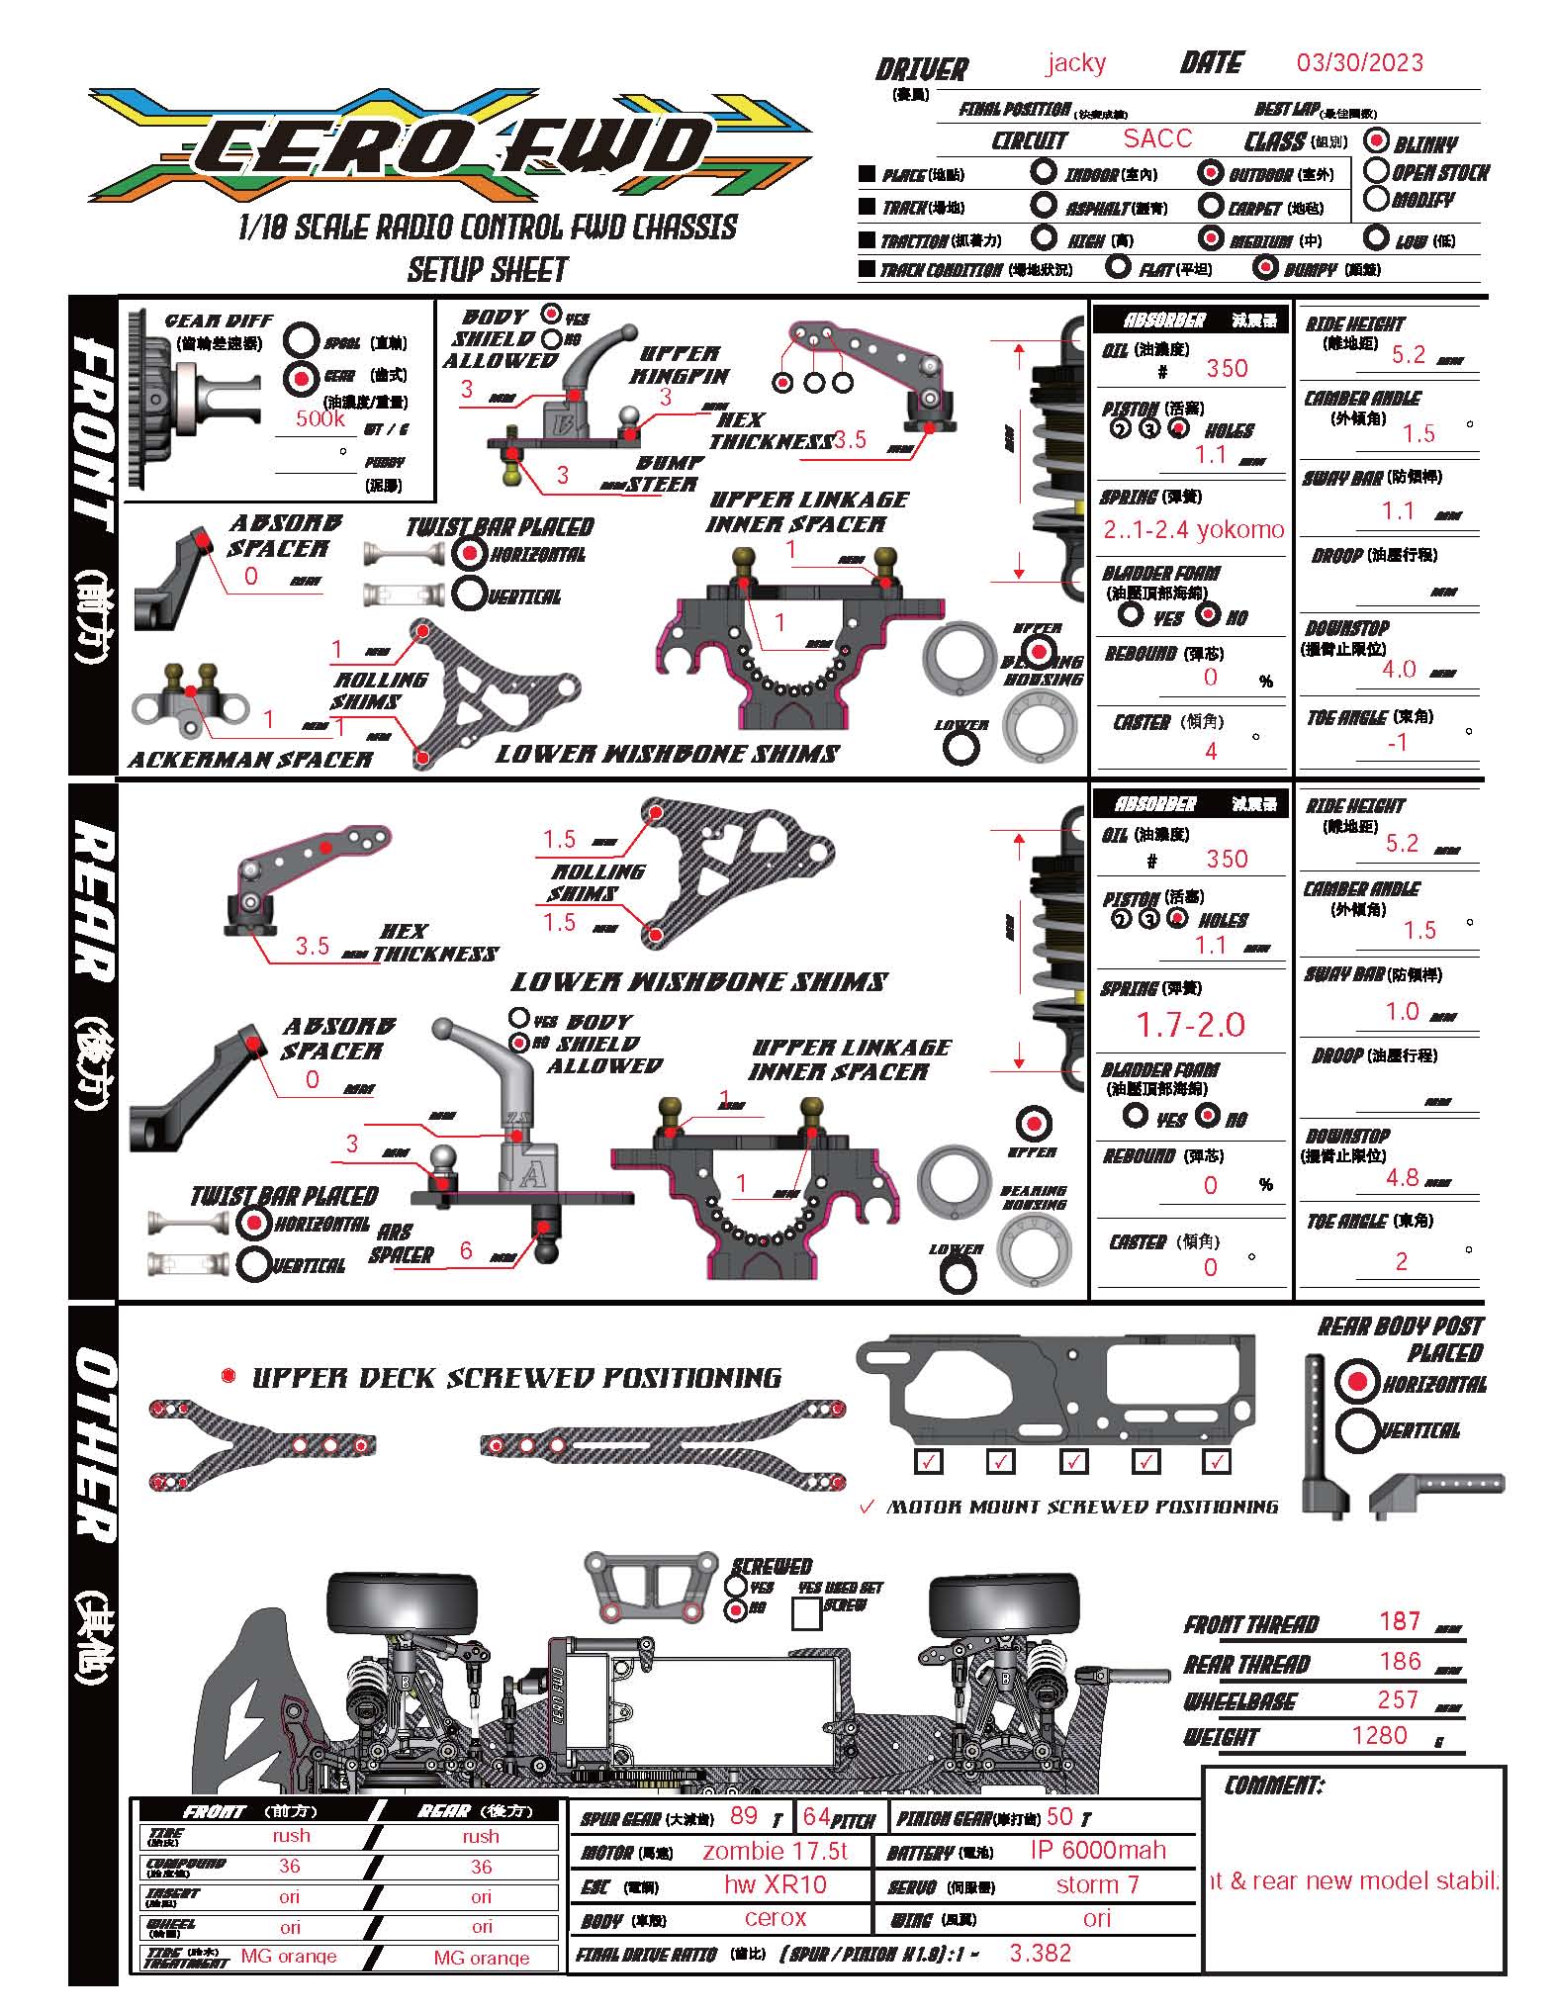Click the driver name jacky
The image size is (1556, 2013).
click(1075, 63)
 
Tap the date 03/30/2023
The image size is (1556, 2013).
click(1359, 63)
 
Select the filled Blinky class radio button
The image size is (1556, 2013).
click(1376, 140)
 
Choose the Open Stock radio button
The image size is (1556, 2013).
click(1376, 170)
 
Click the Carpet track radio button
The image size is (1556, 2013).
click(1211, 206)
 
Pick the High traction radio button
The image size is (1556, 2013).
click(1044, 237)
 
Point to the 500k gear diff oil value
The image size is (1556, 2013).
click(320, 418)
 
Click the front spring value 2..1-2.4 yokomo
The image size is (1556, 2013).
click(1193, 529)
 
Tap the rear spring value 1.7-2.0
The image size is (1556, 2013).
click(1191, 1025)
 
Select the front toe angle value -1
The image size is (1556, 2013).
click(1397, 742)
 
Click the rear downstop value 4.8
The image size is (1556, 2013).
click(1403, 1177)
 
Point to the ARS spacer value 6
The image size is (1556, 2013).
click(466, 1250)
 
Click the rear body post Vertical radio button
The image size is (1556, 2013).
click(1358, 1428)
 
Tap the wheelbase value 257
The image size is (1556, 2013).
click(1398, 1699)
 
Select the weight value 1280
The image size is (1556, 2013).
click(1379, 1735)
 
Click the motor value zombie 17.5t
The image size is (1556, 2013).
click(776, 1851)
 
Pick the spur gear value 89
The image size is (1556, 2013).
click(743, 1815)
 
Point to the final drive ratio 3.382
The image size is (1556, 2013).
click(1040, 1952)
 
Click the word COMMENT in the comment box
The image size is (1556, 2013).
click(1273, 1784)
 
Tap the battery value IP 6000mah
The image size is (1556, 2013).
click(1098, 1850)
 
